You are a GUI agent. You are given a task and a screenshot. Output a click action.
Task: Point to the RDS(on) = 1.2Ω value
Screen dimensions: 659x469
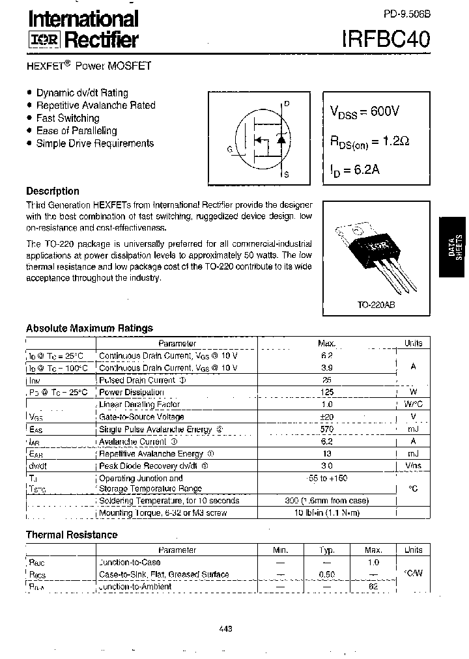(369, 141)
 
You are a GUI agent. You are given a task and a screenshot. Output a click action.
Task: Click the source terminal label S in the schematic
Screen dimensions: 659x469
(287, 175)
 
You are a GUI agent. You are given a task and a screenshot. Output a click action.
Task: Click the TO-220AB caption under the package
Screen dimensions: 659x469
(376, 304)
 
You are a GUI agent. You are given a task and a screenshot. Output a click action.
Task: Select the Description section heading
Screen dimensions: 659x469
(53, 191)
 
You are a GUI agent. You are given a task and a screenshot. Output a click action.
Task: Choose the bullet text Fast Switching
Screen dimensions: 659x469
(68, 118)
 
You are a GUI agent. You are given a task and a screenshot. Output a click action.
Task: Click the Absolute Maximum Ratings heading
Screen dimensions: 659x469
(89, 328)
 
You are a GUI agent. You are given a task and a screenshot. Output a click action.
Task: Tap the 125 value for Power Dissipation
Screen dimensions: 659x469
(327, 392)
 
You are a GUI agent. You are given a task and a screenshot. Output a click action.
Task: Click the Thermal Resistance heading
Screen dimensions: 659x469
(72, 535)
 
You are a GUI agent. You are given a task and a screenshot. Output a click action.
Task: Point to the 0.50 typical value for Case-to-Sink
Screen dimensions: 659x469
(327, 574)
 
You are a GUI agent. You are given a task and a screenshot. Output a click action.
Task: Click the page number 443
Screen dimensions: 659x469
(226, 628)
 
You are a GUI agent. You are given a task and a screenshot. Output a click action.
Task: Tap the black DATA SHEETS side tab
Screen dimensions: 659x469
(454, 246)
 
